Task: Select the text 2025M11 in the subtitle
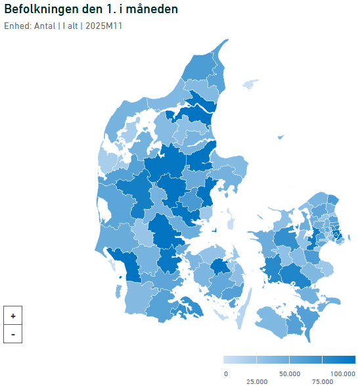pos(104,26)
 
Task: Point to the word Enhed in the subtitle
pos(16,26)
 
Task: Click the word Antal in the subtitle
pos(44,26)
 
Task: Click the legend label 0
pos(226,374)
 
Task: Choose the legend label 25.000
pos(256,381)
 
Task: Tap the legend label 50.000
pos(289,374)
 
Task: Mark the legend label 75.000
pos(322,381)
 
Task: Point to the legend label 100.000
pos(342,374)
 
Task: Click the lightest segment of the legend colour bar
pos(240,360)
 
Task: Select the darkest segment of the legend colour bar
pos(338,360)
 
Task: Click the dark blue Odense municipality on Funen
pos(220,268)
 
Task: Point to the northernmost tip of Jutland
pos(227,41)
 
